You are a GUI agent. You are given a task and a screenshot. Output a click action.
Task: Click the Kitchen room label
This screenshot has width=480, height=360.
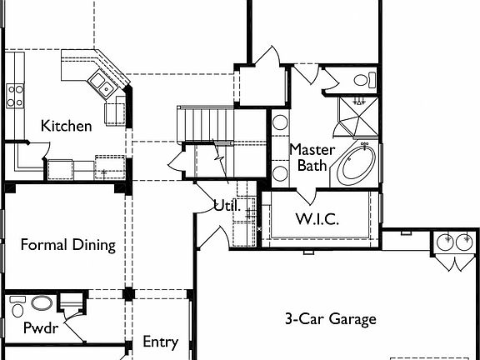pyautogui.click(x=67, y=127)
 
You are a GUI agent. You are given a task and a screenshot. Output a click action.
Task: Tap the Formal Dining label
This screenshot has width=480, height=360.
pyautogui.click(x=67, y=246)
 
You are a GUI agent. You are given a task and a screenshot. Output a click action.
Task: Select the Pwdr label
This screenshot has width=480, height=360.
pyautogui.click(x=39, y=327)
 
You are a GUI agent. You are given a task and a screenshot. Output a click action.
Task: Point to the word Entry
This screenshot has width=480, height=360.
pyautogui.click(x=160, y=342)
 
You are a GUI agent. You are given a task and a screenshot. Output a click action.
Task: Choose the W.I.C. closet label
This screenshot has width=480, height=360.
pyautogui.click(x=317, y=220)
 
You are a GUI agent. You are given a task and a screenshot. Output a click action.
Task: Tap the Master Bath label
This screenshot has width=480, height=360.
pyautogui.click(x=312, y=157)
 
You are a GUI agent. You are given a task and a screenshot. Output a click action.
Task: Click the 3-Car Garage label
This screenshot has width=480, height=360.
pyautogui.click(x=330, y=319)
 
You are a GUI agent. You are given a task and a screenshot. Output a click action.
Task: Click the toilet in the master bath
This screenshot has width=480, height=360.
pyautogui.click(x=362, y=80)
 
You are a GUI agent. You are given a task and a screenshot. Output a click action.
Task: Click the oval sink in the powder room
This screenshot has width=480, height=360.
pyautogui.click(x=42, y=302)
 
